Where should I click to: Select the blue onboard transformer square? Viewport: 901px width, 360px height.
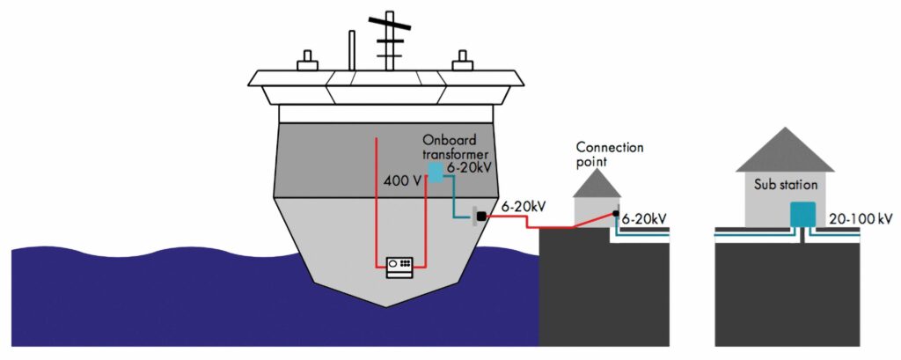[435, 171]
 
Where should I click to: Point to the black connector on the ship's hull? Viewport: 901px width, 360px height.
[480, 217]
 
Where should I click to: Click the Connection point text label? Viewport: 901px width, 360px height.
[610, 153]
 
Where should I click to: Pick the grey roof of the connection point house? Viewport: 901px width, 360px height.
[596, 184]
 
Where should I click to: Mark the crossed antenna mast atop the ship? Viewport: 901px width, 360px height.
[388, 35]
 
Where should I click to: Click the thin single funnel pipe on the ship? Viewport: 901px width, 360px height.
[352, 51]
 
